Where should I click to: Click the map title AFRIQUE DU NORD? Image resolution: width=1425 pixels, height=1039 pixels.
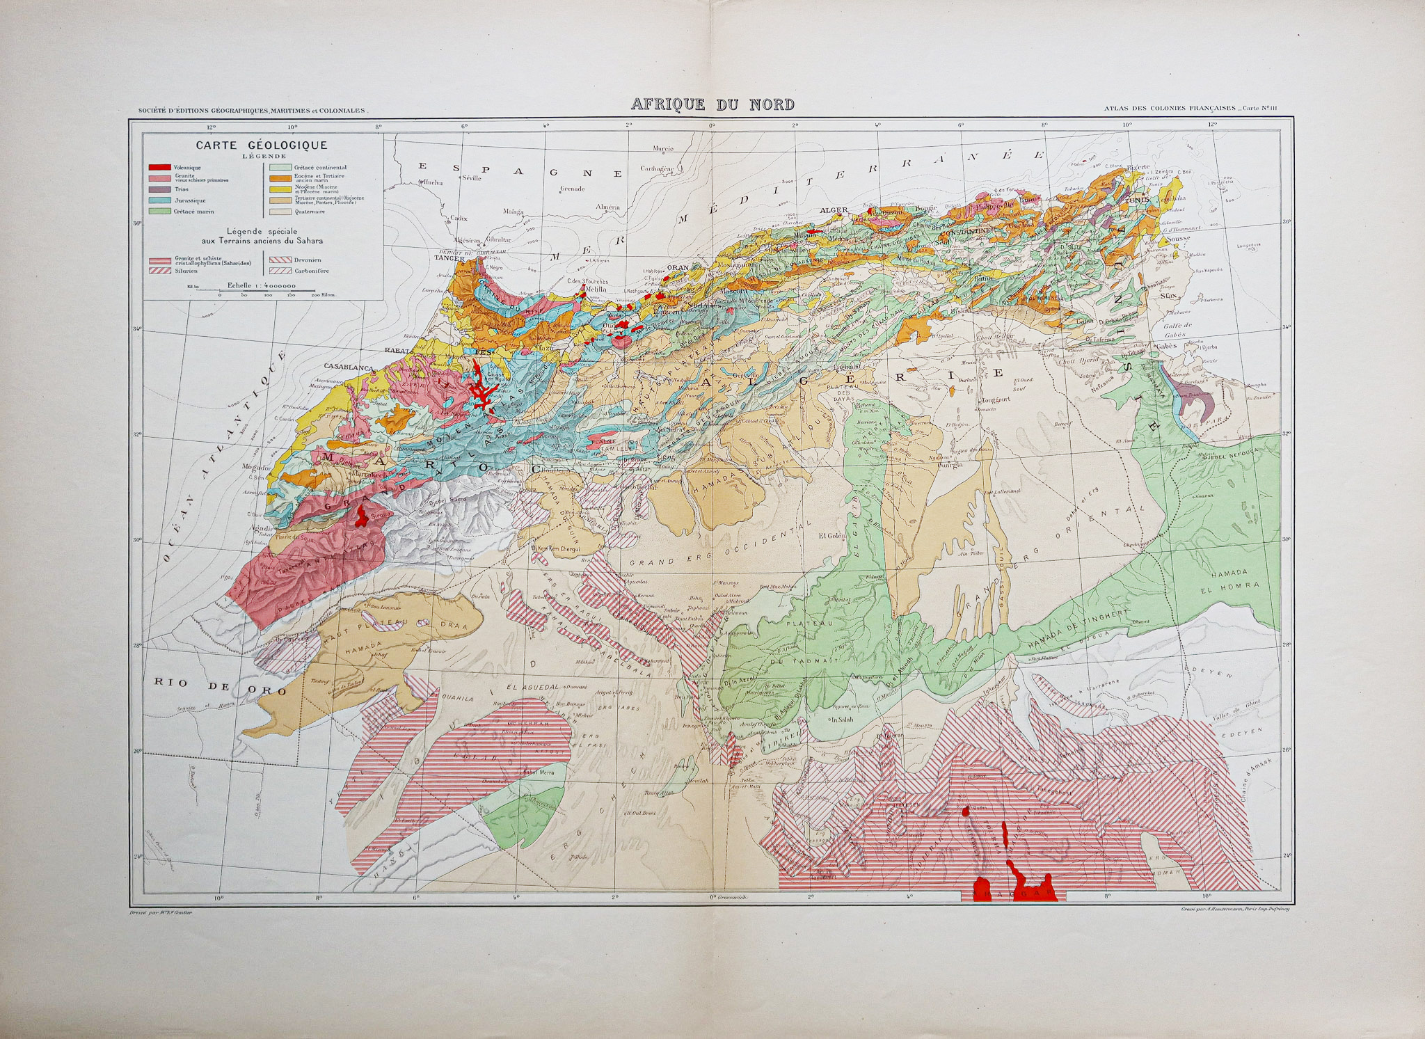(712, 105)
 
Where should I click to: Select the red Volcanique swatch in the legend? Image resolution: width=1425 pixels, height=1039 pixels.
(160, 168)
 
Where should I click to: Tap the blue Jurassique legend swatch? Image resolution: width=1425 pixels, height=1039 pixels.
(160, 200)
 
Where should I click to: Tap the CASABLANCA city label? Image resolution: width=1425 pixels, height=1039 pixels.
(349, 366)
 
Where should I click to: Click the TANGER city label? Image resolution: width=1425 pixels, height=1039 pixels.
(449, 257)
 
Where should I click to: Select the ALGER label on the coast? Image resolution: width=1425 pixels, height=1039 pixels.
(834, 210)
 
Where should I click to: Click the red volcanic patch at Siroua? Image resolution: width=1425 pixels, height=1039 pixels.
(362, 516)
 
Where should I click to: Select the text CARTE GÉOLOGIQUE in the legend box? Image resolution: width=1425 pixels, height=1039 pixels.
(261, 145)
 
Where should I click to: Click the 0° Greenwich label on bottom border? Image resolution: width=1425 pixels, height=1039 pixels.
(728, 898)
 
